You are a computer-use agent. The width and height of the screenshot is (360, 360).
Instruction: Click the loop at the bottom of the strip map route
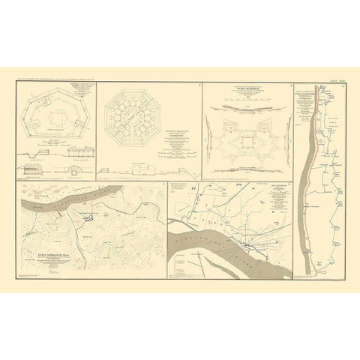(323, 262)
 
